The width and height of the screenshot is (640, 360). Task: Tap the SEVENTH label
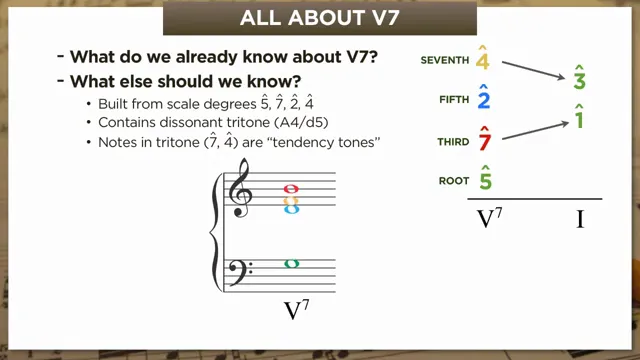[444, 61]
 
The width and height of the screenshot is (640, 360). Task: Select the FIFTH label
[453, 100]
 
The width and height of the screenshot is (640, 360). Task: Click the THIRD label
[452, 142]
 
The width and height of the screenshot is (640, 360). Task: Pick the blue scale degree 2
[483, 98]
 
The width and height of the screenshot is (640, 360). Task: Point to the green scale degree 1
[579, 116]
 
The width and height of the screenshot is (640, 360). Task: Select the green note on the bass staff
[291, 264]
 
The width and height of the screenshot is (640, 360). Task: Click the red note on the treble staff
[291, 188]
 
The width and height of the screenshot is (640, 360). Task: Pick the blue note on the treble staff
[291, 209]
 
